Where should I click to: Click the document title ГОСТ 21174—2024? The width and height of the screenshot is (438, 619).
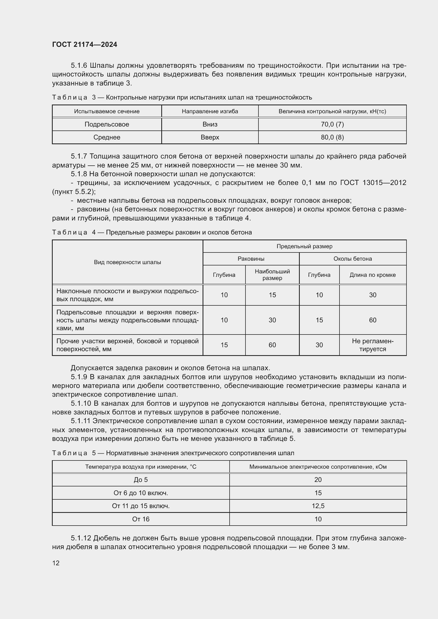(84, 44)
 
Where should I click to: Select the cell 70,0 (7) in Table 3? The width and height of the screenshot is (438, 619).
(332, 124)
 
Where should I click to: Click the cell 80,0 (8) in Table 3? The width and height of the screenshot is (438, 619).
(332, 137)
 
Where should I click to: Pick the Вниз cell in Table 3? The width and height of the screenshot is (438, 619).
(210, 124)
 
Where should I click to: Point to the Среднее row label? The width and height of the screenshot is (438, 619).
(107, 137)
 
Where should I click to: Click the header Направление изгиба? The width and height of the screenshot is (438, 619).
(210, 111)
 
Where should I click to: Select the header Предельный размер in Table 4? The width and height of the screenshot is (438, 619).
(304, 246)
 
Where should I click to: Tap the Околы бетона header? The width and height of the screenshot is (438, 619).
(352, 259)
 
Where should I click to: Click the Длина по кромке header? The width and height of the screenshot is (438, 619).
(373, 275)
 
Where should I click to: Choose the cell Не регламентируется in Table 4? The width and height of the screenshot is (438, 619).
(373, 345)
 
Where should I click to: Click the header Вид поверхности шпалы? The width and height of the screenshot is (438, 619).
(127, 262)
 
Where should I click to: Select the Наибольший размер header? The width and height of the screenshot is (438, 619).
(272, 275)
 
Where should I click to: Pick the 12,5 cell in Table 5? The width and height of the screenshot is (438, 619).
(318, 506)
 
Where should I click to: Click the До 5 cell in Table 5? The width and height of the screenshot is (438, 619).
(141, 480)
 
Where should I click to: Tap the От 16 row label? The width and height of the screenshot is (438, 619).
(141, 519)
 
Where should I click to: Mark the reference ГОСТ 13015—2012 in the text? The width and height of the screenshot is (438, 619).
(373, 183)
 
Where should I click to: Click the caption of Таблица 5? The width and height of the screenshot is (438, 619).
(173, 453)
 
